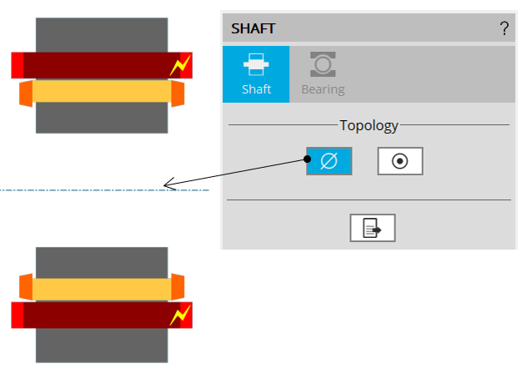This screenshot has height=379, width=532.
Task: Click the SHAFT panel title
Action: tap(253, 29)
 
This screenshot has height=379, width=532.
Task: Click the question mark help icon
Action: tap(504, 29)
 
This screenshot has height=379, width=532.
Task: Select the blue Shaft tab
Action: tap(256, 74)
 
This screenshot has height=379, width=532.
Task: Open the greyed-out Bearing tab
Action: tap(323, 74)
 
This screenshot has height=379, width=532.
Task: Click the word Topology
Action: tap(369, 126)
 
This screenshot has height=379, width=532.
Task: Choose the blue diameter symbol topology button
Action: tap(329, 161)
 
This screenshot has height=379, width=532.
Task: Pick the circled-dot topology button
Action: tap(400, 161)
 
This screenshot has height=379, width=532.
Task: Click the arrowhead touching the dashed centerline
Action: tap(168, 184)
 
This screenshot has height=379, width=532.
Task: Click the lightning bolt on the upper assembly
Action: tap(180, 65)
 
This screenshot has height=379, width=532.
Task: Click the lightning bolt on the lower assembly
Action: tap(180, 315)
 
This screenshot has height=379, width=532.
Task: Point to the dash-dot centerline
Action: tap(83, 190)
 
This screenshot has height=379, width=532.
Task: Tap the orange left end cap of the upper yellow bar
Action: tap(26, 93)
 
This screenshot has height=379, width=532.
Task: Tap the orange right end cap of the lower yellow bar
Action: tap(178, 286)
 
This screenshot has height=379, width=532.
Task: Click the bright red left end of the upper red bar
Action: tap(18, 65)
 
